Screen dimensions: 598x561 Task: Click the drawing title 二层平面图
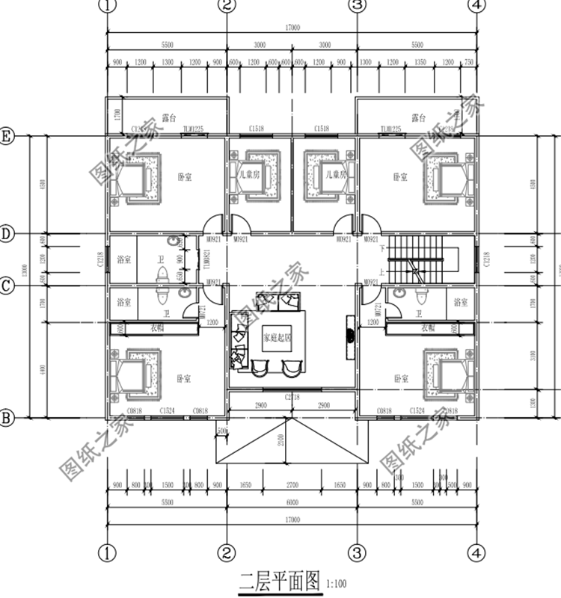pyautogui.click(x=279, y=579)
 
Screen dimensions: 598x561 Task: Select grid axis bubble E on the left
pyautogui.click(x=7, y=136)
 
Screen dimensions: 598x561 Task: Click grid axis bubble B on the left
pyautogui.click(x=7, y=418)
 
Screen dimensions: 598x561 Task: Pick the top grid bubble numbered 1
pyautogui.click(x=108, y=6)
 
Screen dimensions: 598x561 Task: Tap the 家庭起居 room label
pyautogui.click(x=276, y=337)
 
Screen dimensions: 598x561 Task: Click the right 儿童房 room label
pyautogui.click(x=336, y=174)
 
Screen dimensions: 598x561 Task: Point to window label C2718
pyautogui.click(x=292, y=398)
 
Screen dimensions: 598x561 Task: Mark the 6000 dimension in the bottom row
pyautogui.click(x=292, y=504)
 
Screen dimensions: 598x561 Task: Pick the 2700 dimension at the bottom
pyautogui.click(x=292, y=484)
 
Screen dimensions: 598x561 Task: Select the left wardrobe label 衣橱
pyautogui.click(x=157, y=327)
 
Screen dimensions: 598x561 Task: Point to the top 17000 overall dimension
pyautogui.click(x=292, y=28)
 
